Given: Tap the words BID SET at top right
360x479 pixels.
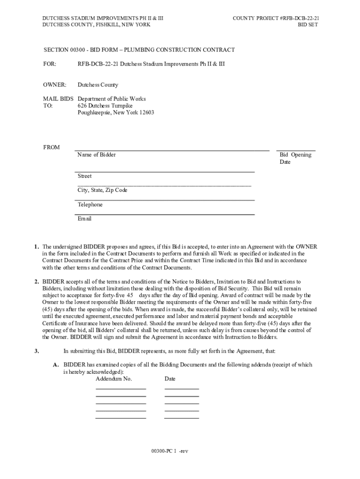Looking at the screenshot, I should click(x=308, y=25).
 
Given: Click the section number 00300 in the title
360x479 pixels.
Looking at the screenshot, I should click(x=78, y=50).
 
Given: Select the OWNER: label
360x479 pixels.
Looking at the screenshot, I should click(x=55, y=85).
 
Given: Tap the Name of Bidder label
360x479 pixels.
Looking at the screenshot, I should click(x=96, y=155).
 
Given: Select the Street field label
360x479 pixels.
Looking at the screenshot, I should click(x=85, y=176).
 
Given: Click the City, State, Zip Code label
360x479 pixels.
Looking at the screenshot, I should click(x=102, y=190).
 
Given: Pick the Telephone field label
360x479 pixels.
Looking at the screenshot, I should click(x=90, y=205).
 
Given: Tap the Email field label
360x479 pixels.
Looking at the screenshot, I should click(x=85, y=219).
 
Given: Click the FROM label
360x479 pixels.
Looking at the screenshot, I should click(x=51, y=148).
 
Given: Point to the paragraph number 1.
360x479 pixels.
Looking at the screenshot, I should click(x=36, y=247).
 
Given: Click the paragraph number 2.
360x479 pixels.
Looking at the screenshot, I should click(x=36, y=282).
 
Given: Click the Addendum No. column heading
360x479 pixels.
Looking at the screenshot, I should click(x=114, y=378).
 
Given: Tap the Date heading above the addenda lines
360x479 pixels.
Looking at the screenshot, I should click(x=170, y=378).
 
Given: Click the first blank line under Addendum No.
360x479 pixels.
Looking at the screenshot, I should click(x=121, y=388).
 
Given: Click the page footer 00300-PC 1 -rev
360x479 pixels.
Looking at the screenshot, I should click(x=169, y=451).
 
